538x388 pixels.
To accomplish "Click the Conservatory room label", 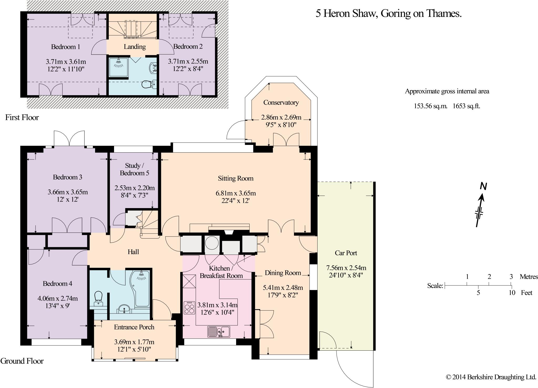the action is [x=281, y=103].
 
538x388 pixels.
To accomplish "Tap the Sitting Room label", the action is [x=236, y=179].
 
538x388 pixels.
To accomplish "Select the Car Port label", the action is [x=346, y=253].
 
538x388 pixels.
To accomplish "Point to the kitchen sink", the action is [x=219, y=332].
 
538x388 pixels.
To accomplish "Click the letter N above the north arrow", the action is [x=483, y=187].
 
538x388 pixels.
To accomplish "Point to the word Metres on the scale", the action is [x=529, y=277].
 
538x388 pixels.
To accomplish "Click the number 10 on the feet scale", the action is [x=512, y=293].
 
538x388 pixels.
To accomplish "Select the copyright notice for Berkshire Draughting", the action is [x=491, y=377].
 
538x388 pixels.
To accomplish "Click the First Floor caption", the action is [x=22, y=117].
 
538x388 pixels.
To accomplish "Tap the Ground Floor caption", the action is [x=22, y=361].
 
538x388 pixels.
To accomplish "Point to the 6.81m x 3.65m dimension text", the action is [x=236, y=193].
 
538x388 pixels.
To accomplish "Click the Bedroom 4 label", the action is [x=58, y=284].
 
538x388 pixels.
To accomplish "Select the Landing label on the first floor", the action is [x=135, y=47].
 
